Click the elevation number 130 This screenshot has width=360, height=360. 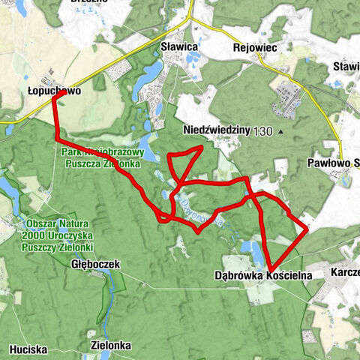(x=263, y=131)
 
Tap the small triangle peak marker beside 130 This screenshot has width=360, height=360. (x=280, y=132)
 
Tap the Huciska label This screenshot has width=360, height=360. (x=29, y=349)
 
